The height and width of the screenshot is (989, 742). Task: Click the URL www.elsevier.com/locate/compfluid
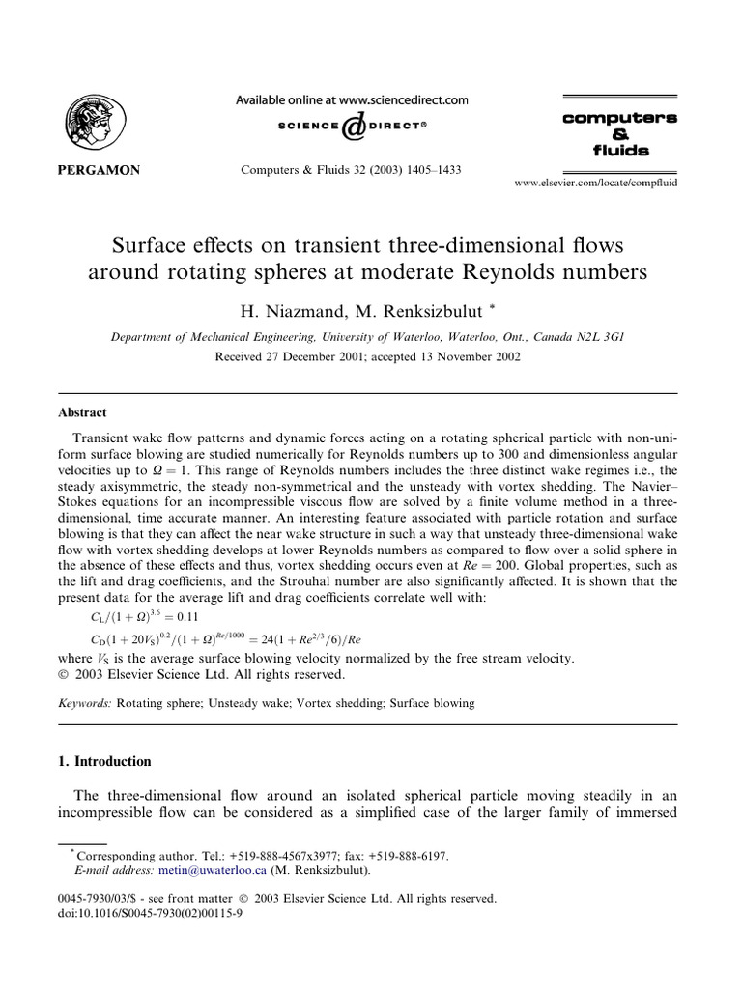coord(595,182)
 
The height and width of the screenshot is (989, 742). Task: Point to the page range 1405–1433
coord(428,170)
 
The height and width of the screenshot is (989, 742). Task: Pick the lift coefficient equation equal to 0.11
coord(143,616)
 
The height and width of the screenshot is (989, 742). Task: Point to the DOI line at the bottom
coord(151,912)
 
